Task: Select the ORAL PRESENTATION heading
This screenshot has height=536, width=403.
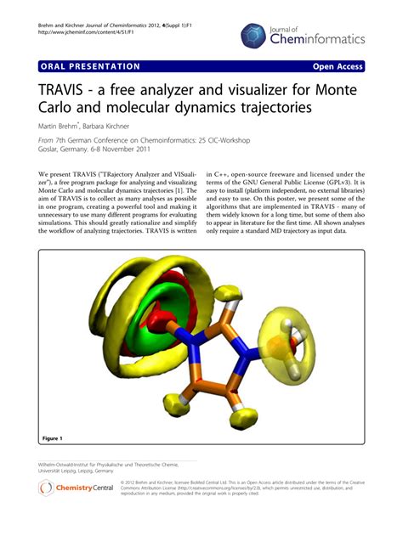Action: click(89, 67)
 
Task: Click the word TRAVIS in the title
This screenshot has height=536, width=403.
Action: click(69, 90)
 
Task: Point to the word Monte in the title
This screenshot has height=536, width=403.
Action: click(336, 90)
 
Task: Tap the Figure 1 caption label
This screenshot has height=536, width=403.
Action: click(52, 438)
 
